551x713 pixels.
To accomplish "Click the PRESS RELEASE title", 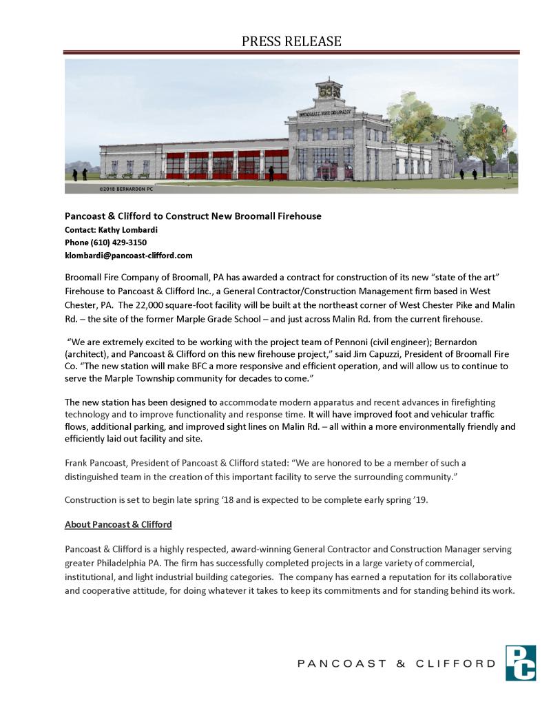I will point(291,41).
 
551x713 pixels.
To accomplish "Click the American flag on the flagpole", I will point(504,130).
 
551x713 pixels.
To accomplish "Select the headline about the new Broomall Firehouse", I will point(193,216).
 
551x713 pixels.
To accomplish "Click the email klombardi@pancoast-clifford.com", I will point(129,256).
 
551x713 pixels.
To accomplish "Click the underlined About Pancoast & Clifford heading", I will point(118,524).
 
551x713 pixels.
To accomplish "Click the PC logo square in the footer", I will point(520,663).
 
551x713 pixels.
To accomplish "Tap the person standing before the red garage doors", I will point(271,174).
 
